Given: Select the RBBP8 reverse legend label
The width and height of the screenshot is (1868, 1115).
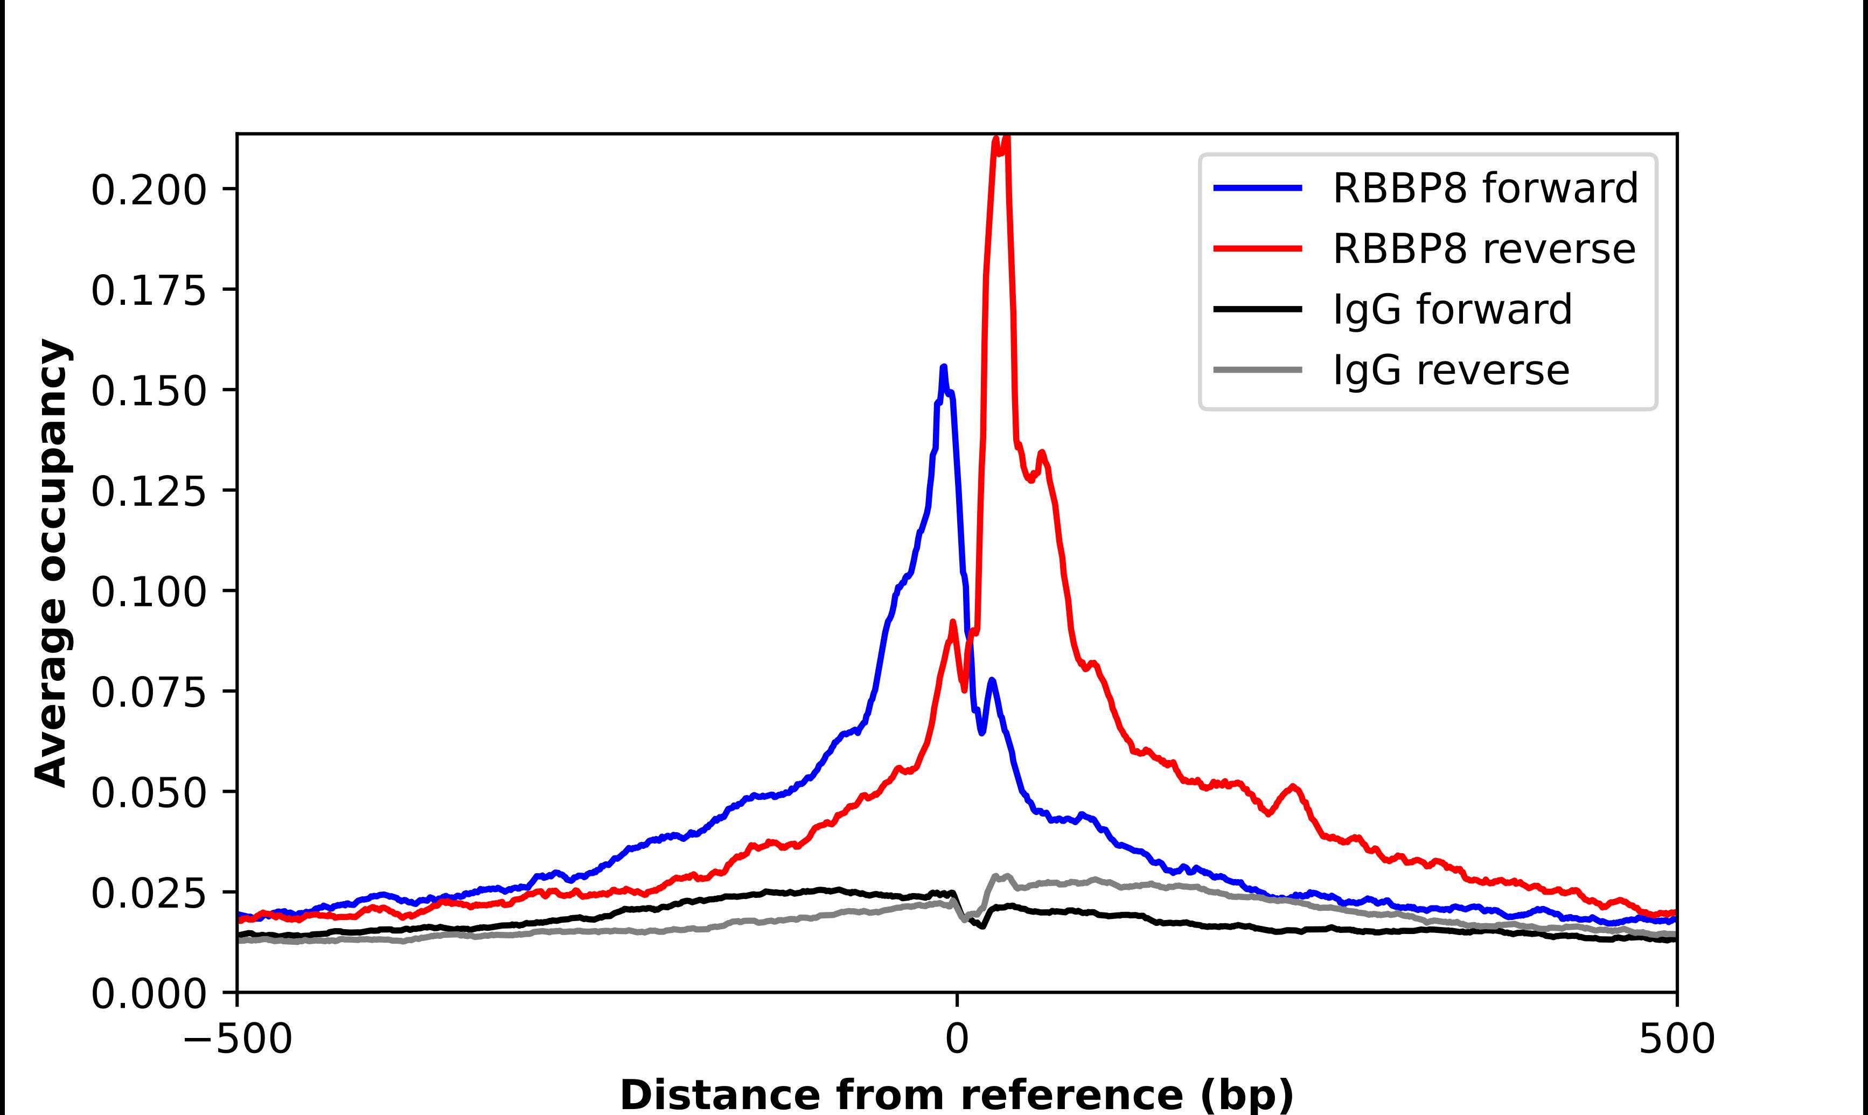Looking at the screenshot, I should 1483,249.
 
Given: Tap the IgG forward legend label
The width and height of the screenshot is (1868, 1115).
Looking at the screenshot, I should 1452,310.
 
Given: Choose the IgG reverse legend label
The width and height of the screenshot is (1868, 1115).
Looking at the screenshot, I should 1451,371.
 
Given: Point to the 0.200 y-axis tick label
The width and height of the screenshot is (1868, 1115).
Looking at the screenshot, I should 148,190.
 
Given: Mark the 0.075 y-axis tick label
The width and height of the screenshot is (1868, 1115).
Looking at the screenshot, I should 148,692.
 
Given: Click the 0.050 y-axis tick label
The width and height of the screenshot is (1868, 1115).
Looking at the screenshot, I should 148,793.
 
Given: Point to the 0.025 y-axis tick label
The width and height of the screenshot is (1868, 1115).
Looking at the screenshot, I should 148,894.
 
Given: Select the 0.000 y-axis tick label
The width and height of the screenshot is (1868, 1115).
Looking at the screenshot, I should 148,994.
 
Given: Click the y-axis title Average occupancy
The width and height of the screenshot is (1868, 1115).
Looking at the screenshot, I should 53,563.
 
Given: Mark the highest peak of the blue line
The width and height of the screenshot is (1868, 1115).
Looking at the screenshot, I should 943,367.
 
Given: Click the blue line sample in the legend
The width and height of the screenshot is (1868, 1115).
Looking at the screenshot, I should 1257,188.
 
